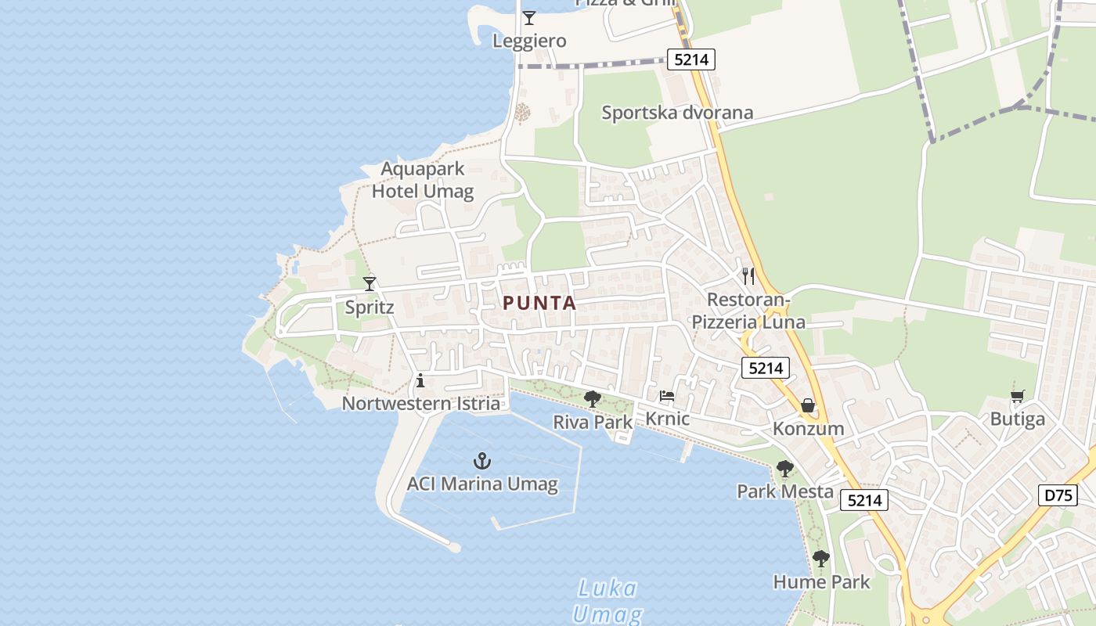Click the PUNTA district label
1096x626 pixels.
(539, 304)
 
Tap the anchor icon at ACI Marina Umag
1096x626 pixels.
(482, 461)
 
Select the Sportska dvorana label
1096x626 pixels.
(677, 113)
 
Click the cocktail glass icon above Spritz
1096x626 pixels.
(370, 283)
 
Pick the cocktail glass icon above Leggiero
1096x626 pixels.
(529, 18)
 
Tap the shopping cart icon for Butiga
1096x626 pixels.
(1017, 396)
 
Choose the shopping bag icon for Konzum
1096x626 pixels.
(808, 405)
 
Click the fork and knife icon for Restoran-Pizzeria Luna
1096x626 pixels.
(748, 275)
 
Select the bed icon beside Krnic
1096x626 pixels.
(667, 396)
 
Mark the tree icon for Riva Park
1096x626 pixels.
(593, 399)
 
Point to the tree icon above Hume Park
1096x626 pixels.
(820, 559)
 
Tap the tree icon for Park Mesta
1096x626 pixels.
(784, 469)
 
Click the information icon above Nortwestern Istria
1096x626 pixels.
(420, 381)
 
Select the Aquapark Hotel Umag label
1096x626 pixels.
(423, 180)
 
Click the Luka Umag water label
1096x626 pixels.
(607, 601)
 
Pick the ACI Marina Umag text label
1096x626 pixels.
(482, 484)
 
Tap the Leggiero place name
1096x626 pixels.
(529, 41)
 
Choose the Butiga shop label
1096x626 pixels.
(1017, 419)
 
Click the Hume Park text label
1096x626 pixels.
(821, 582)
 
